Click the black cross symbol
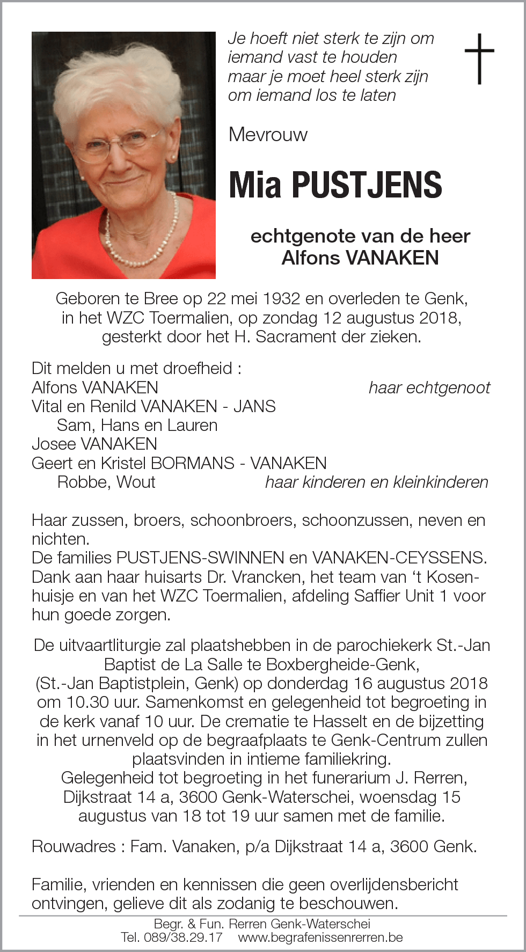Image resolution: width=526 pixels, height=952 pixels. point(479,58)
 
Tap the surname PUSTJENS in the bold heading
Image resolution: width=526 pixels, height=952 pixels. point(367,185)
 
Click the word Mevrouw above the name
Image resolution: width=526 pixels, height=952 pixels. point(268,134)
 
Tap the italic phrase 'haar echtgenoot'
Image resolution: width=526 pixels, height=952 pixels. point(429,387)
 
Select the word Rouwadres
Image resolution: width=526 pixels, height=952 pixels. point(74,846)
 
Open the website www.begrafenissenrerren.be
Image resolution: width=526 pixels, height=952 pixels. point(320,938)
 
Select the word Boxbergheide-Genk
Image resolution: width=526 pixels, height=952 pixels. point(343,664)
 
